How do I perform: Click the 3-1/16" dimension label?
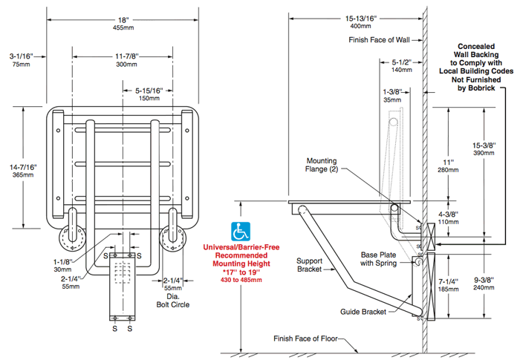[x=20, y=56]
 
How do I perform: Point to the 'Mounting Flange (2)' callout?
[x=328, y=164]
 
